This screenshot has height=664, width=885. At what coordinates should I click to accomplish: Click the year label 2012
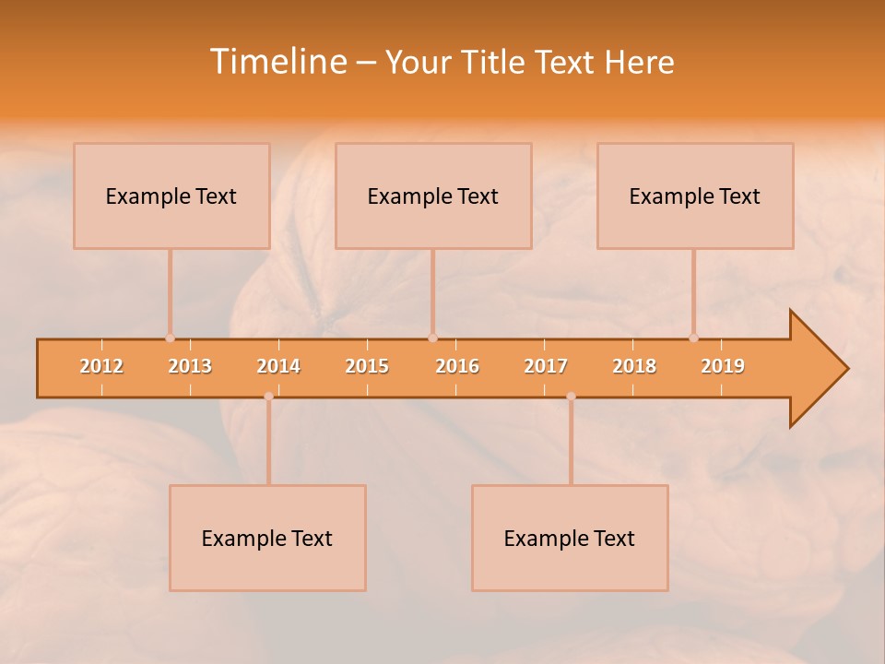101,366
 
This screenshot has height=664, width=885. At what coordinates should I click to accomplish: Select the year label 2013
190,366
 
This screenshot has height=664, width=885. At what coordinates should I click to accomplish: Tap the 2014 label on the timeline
278,366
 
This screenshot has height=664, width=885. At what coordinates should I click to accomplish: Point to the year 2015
367,366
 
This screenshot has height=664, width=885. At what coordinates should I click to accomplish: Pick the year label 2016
457,366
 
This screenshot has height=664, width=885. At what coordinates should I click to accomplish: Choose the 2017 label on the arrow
546,366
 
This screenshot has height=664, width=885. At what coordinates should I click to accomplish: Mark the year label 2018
634,366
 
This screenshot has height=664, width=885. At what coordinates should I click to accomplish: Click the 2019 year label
723,366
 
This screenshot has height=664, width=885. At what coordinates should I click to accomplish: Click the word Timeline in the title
277,62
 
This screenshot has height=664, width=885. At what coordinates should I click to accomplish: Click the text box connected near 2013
171,196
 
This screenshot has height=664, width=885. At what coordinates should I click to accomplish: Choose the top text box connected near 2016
433,196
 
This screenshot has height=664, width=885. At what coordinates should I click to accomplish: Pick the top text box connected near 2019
695,196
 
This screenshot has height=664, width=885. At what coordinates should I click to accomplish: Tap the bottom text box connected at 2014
267,538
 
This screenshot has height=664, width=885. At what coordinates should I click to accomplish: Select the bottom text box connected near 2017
570,538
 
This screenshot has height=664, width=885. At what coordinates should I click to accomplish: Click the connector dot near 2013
170,338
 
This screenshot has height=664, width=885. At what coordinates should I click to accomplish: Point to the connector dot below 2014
268,397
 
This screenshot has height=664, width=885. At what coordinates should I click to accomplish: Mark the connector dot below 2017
571,397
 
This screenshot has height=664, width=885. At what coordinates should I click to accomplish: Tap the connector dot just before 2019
693,338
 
